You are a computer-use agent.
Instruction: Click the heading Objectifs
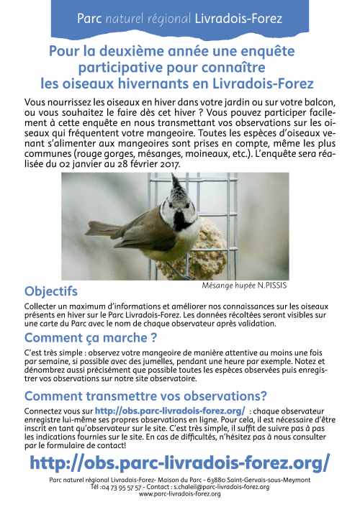(50, 291)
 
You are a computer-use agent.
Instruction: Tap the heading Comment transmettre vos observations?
(145, 395)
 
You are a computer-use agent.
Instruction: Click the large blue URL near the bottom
(180, 461)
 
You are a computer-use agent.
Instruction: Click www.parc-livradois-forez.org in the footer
(179, 494)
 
